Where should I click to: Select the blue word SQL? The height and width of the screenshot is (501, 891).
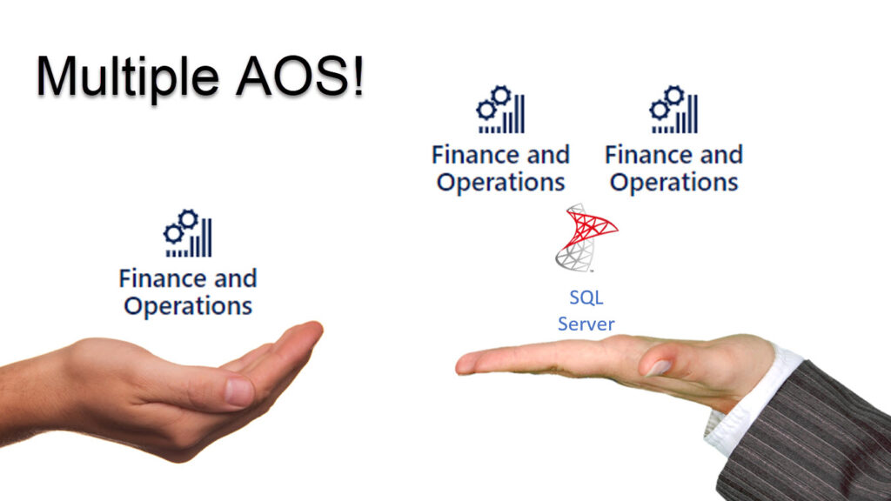click(x=586, y=297)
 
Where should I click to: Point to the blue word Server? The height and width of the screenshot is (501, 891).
click(x=586, y=324)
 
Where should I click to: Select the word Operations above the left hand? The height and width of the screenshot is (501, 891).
click(x=188, y=306)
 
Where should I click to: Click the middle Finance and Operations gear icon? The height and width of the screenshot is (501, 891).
click(x=500, y=110)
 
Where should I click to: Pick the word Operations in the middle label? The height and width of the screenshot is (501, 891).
click(x=500, y=183)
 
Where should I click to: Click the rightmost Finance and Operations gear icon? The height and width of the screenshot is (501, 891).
click(x=674, y=110)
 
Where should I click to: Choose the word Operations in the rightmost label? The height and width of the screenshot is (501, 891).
click(x=674, y=183)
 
